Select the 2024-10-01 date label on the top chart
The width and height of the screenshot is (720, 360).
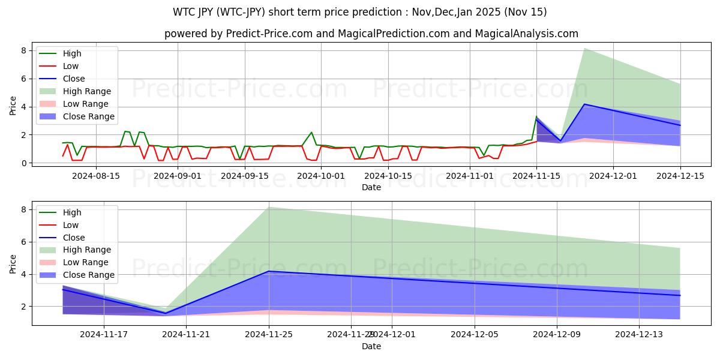pos(321,176)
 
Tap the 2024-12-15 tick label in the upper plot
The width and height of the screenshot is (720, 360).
pos(680,176)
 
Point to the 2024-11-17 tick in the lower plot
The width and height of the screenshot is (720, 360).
pos(104,334)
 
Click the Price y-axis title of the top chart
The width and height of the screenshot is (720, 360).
pos(13,106)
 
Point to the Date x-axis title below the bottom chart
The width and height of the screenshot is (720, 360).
pos(371,346)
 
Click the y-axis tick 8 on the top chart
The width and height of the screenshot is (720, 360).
pos(23,50)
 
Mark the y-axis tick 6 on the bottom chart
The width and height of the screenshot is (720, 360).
pos(23,242)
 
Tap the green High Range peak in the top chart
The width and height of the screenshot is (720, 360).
pos(585,48)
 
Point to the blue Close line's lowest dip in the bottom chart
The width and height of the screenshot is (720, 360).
pos(166,313)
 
